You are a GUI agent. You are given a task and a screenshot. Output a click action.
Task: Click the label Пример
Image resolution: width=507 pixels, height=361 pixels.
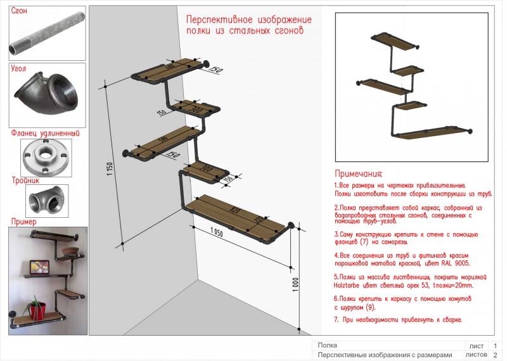coord(23,222)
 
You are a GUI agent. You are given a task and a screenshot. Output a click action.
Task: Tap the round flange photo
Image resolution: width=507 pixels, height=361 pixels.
coord(48,157)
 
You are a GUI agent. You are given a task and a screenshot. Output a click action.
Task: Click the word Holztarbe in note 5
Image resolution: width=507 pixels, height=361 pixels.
coord(353,286)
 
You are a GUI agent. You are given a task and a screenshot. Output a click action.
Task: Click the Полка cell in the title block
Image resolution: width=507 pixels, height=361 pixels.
coord(327,346)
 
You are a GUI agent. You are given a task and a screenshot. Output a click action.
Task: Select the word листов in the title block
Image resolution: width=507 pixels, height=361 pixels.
coord(476,355)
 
